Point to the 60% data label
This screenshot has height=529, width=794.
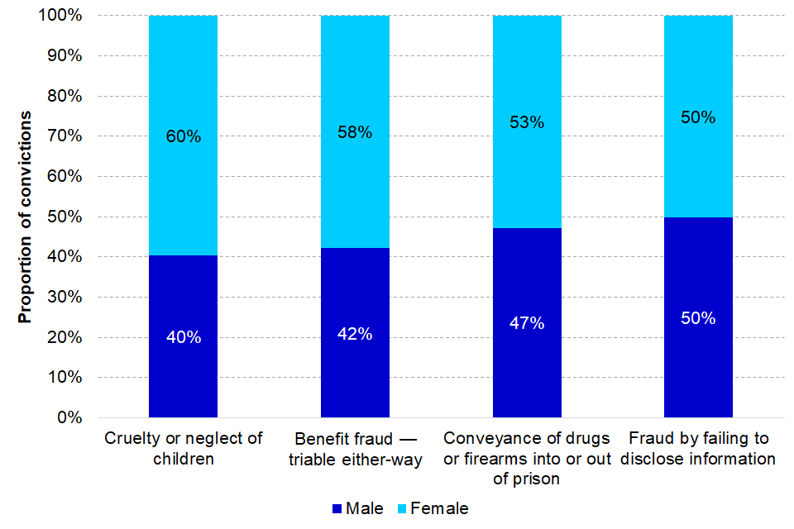click(183, 136)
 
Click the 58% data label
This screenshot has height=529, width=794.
click(355, 132)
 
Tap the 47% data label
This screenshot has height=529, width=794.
click(527, 323)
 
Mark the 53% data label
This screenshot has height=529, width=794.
click(527, 122)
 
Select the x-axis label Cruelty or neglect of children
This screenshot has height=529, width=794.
click(183, 448)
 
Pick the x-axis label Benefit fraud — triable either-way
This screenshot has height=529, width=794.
click(355, 448)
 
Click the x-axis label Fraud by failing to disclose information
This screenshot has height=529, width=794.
click(699, 448)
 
